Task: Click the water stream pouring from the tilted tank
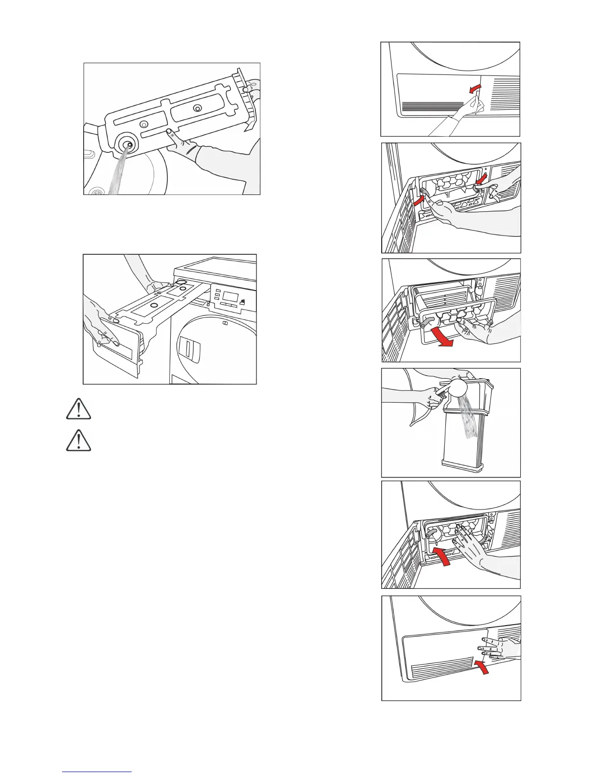[x=117, y=174]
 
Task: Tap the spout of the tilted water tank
[x=127, y=145]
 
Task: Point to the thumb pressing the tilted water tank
[x=169, y=132]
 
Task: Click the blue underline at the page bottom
[x=97, y=773]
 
